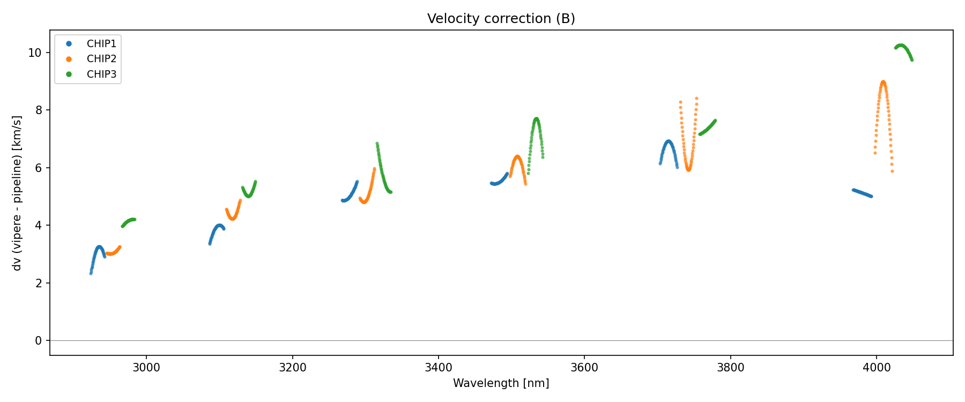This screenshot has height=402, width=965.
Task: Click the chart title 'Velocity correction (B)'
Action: click(501, 19)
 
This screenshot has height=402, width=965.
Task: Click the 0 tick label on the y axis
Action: click(38, 341)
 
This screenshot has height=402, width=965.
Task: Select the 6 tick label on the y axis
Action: click(38, 168)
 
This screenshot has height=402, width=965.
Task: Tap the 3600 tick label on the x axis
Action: click(584, 367)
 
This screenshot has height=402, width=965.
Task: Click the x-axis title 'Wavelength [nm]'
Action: click(501, 383)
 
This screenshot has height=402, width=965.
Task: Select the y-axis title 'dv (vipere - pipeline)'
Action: click(17, 193)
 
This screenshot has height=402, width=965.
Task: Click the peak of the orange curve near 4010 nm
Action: click(883, 82)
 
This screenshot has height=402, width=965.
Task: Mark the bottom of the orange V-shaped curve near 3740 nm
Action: click(688, 169)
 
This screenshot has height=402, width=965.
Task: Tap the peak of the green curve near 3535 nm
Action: click(536, 119)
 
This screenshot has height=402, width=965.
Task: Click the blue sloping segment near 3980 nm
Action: click(862, 193)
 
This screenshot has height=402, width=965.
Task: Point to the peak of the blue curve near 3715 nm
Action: click(668, 142)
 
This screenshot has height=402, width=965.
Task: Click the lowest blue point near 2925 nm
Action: click(91, 273)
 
